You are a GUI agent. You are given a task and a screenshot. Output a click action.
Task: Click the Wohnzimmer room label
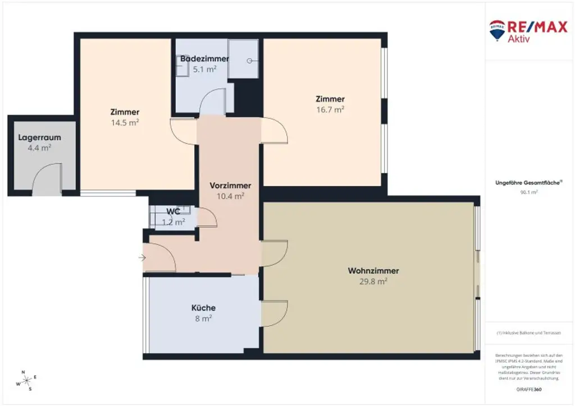(x=373, y=271)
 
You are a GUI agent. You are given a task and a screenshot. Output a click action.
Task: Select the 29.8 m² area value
(x=373, y=282)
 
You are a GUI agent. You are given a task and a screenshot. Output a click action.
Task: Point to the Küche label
(x=203, y=308)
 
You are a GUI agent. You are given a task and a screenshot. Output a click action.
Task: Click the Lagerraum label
(x=39, y=137)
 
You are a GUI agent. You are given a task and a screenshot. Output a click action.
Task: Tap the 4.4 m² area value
(x=39, y=148)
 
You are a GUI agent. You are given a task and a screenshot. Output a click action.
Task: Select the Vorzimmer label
(x=230, y=186)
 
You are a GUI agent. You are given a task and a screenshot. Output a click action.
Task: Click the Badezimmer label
(x=204, y=59)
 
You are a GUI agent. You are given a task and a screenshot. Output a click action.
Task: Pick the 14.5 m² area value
(x=125, y=122)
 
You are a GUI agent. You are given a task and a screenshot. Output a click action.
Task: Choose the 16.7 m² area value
(x=330, y=110)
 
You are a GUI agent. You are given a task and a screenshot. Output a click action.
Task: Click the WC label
(x=173, y=211)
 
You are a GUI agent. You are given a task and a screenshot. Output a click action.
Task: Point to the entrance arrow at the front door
(x=142, y=258)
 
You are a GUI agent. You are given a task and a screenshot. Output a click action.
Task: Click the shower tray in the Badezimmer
(x=243, y=59)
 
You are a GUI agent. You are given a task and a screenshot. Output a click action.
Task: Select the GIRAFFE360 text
(x=529, y=389)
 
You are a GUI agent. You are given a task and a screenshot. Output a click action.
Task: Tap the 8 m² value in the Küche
(x=203, y=318)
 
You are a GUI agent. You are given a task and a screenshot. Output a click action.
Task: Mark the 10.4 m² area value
(x=230, y=196)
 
